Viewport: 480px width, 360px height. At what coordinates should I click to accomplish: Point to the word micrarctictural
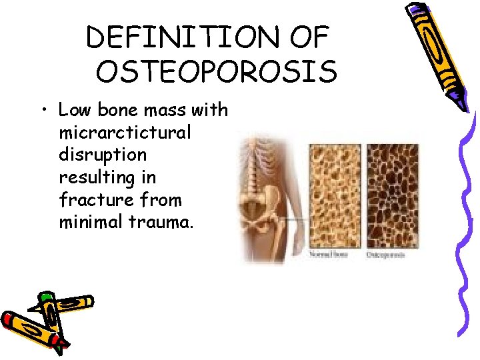click(x=125, y=133)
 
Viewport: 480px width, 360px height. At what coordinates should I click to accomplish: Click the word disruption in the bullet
click(x=103, y=155)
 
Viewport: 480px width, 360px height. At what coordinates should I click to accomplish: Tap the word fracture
click(x=89, y=199)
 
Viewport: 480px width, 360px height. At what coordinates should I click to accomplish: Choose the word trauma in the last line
click(x=167, y=222)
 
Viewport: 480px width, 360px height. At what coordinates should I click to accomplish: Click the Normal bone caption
click(x=329, y=255)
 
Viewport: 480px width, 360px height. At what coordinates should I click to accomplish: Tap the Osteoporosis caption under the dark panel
click(x=385, y=255)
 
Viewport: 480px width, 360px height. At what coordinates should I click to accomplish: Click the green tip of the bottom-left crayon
click(x=45, y=295)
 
